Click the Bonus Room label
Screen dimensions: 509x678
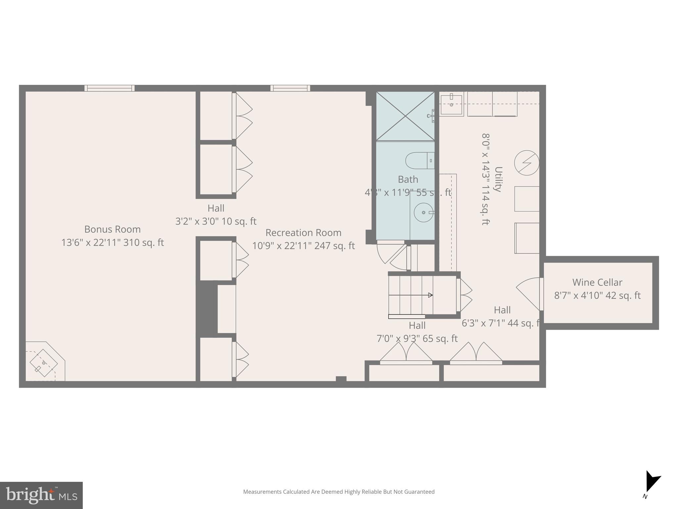pos(112,229)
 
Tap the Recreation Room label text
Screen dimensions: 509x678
pos(303,233)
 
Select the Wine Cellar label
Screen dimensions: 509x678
pos(597,282)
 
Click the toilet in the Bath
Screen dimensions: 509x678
pos(419,161)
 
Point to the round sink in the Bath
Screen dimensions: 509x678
pos(423,212)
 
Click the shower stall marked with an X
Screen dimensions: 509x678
pos(405,116)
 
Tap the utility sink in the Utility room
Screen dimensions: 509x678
pos(452,104)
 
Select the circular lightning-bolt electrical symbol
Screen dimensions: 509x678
pos(526,163)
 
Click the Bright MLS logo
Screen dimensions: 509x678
pos(41,495)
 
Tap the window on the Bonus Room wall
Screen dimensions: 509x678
pos(109,88)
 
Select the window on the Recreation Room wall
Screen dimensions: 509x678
pos(290,88)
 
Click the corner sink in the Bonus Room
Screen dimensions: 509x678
pos(43,363)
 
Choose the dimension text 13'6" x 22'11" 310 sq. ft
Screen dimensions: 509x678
pos(112,243)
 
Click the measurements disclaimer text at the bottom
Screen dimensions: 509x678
pos(339,492)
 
